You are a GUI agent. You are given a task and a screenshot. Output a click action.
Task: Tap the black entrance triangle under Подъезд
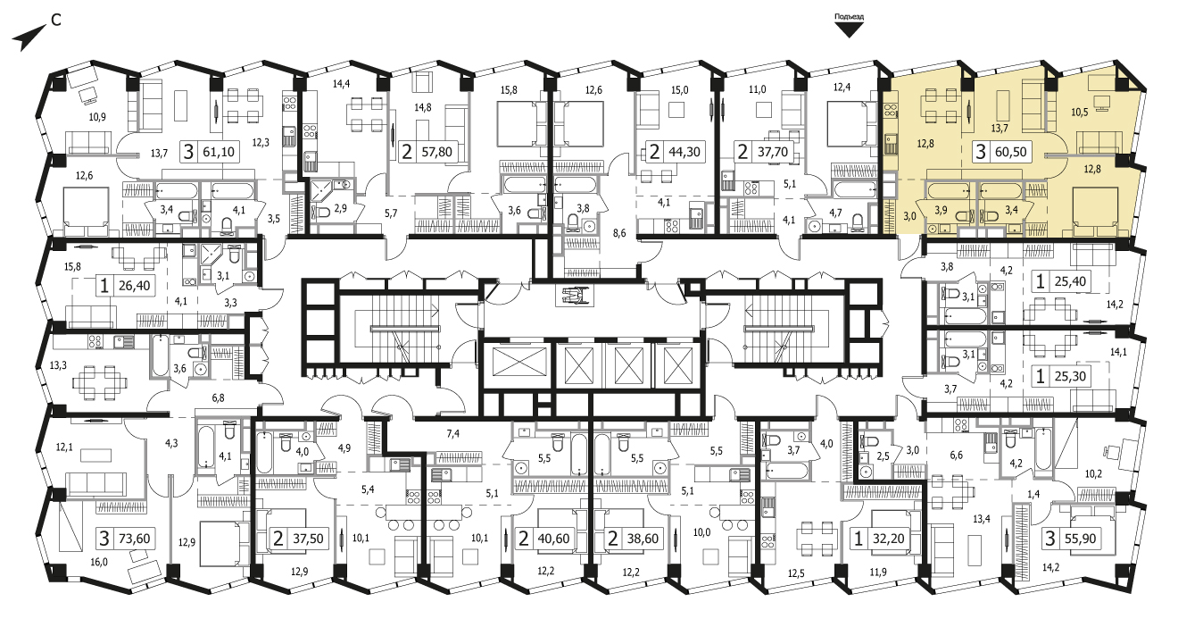(849, 30)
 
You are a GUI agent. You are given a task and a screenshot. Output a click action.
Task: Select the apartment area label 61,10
(219, 152)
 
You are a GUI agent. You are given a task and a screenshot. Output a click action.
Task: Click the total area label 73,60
(134, 539)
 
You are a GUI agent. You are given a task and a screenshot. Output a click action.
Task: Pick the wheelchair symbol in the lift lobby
(574, 296)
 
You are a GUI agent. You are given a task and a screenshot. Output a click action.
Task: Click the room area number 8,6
(619, 233)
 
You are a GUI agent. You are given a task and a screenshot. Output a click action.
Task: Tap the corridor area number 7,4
(452, 433)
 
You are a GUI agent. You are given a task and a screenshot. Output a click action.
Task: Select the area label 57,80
(437, 152)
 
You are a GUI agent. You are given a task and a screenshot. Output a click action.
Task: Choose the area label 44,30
(684, 152)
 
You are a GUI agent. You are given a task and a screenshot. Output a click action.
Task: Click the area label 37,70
(772, 152)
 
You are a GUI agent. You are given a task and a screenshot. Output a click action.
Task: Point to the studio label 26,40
(134, 285)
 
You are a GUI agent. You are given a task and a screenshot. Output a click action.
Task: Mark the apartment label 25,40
(1070, 281)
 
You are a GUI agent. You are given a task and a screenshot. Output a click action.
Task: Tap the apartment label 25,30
(1070, 376)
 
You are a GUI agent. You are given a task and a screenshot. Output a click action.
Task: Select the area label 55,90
(1080, 539)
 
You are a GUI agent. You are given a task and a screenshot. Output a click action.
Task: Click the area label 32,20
(888, 539)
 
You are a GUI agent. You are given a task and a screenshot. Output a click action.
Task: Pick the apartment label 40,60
(554, 539)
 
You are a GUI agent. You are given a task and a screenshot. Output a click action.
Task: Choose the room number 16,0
(99, 563)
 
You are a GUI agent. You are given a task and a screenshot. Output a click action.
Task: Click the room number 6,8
(218, 398)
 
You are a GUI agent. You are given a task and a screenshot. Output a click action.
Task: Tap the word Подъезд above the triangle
(849, 17)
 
